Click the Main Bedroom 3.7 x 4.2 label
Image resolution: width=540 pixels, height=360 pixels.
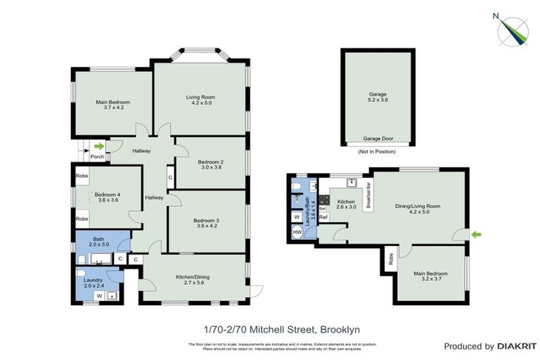pos(112,105)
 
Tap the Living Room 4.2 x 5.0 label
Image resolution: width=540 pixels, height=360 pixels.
pos(200,100)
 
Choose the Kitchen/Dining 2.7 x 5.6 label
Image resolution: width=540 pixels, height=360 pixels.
pos(192,280)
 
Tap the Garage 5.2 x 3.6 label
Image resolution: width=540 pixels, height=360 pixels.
pos(378,97)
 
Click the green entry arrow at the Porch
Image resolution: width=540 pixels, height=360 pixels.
pos(99,146)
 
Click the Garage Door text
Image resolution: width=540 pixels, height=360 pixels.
pos(378,139)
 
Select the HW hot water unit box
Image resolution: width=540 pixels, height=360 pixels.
pos(297,232)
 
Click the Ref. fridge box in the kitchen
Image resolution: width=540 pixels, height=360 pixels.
pos(323,217)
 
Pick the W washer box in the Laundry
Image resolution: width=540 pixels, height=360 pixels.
pos(98,296)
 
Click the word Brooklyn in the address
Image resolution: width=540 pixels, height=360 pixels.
pos(340,328)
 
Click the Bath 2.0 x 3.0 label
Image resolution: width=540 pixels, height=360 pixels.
pos(98,243)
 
